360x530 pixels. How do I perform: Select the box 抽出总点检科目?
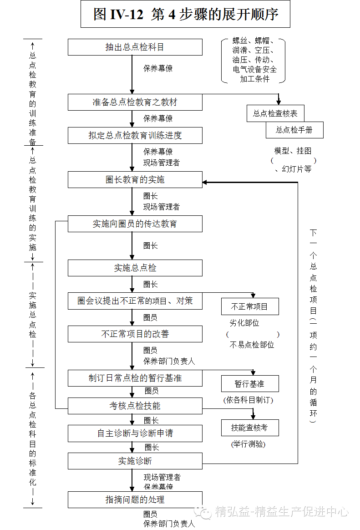[135, 47]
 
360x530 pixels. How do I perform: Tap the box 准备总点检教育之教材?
[135, 102]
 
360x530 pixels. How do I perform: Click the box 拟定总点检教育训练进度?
[135, 135]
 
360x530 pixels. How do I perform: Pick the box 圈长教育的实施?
[135, 179]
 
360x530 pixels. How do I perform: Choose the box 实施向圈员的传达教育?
[135, 224]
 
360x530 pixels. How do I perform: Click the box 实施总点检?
[135, 268]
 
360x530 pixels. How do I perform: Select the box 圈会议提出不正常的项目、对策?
[135, 301]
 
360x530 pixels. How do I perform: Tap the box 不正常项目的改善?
[135, 334]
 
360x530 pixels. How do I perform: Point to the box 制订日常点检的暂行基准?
[135, 378]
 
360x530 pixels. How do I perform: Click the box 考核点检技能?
[135, 406]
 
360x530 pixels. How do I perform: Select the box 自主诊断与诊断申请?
[135, 433]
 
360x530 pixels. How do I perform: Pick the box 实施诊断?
[135, 461]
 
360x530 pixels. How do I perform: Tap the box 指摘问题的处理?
[135, 499]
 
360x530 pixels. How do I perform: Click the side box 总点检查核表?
[272, 113]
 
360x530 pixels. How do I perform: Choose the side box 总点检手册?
[294, 130]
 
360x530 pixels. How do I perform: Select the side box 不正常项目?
[250, 306]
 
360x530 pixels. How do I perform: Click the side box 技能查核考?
[250, 428]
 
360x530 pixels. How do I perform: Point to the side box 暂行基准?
[250, 384]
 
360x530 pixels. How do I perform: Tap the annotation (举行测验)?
[248, 444]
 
